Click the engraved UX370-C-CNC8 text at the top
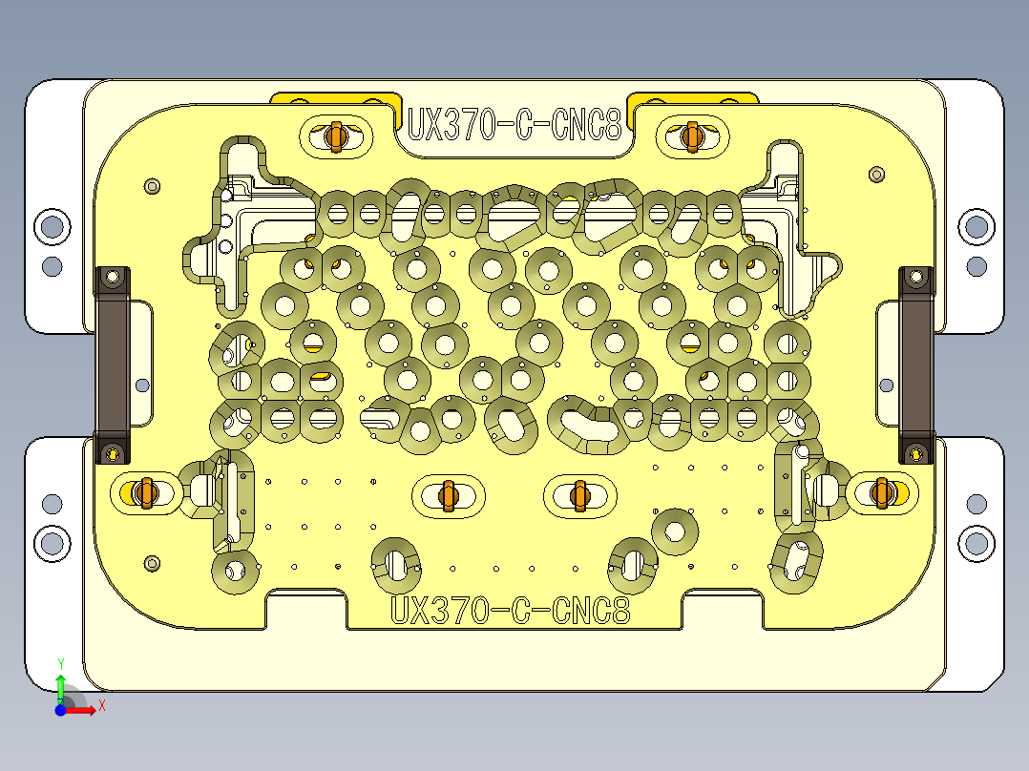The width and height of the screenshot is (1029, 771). click(x=514, y=124)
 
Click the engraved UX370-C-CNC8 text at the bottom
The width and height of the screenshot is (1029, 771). click(x=511, y=610)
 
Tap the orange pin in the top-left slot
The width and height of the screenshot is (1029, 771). click(x=334, y=136)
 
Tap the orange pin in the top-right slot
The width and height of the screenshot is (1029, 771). click(x=692, y=136)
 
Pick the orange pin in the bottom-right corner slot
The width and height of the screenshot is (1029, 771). click(x=882, y=492)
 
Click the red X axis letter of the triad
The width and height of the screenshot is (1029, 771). click(x=101, y=705)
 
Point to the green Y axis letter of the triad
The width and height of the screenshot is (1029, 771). click(x=60, y=663)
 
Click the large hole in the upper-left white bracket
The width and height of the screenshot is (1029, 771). click(x=52, y=226)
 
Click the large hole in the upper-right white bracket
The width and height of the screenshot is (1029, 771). click(x=975, y=226)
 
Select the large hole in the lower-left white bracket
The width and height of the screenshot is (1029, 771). click(x=52, y=543)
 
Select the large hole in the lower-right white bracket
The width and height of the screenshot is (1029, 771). click(x=976, y=543)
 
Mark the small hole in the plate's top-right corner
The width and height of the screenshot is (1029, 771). click(x=877, y=174)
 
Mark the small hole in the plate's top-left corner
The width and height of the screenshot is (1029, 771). click(x=150, y=186)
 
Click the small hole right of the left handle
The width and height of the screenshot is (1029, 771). click(x=142, y=385)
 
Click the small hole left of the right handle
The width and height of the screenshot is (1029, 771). click(x=887, y=385)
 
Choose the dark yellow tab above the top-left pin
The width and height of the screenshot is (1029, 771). click(x=334, y=98)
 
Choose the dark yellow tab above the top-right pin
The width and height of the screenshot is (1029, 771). click(x=692, y=98)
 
